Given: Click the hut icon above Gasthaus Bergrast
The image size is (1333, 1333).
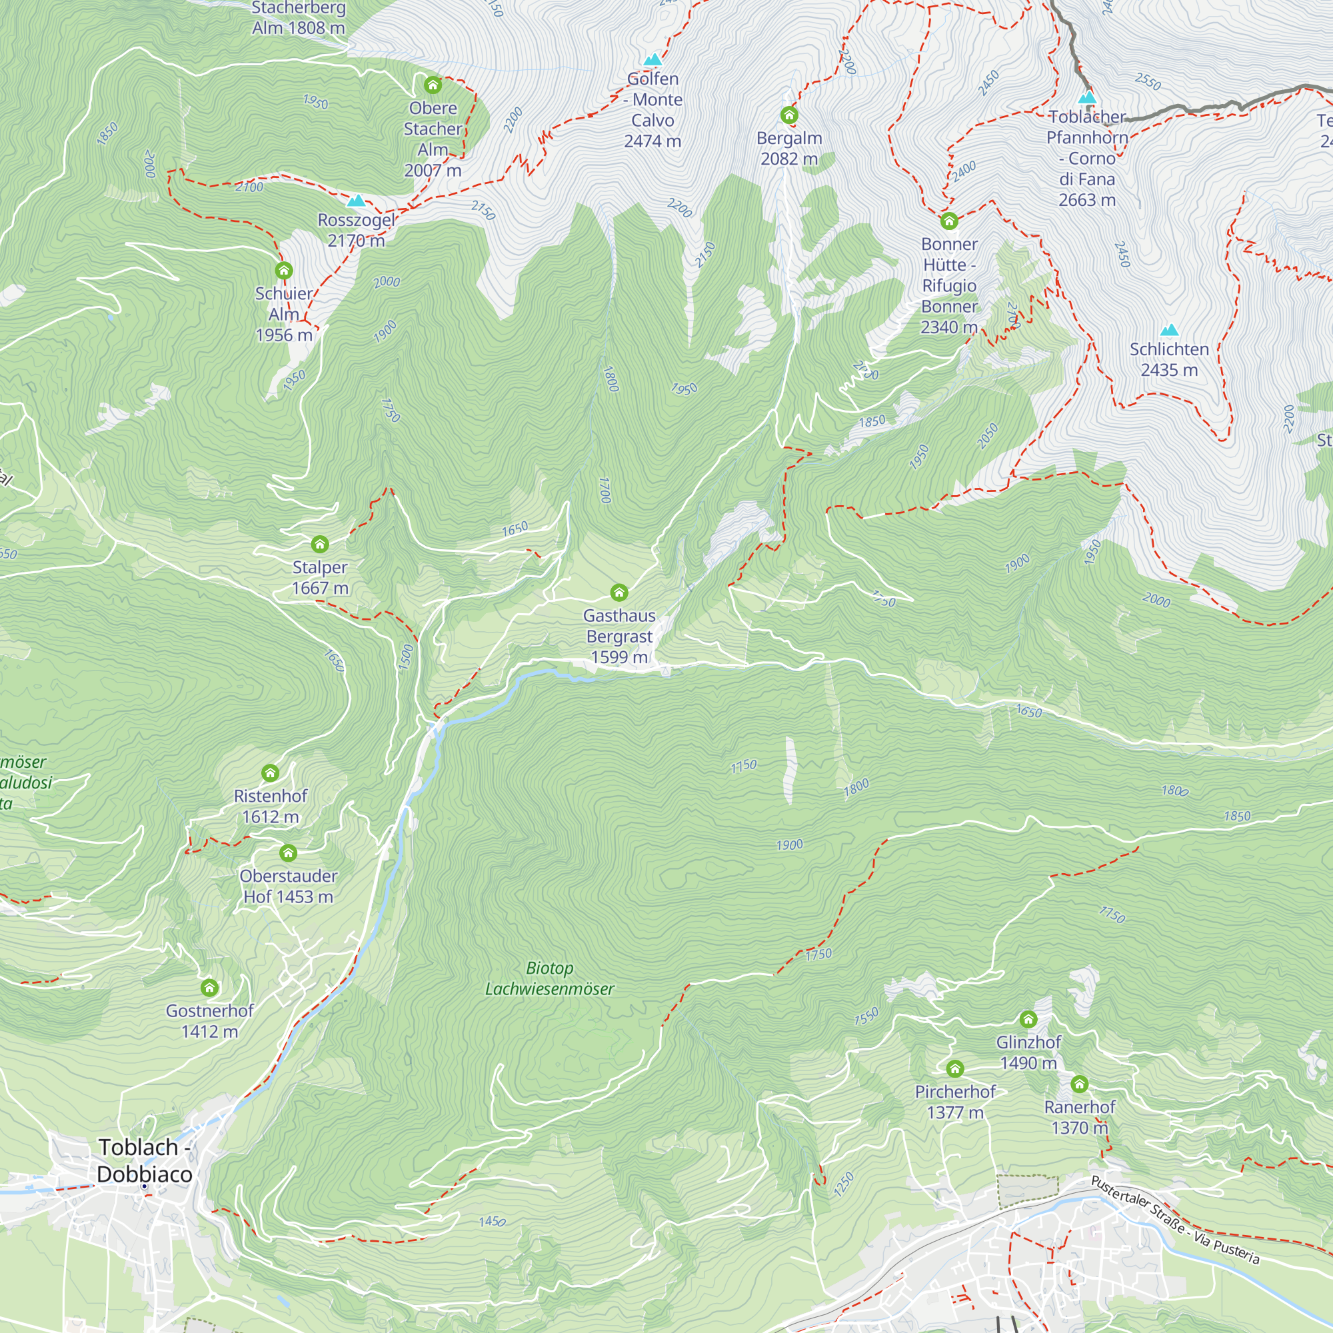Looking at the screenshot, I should pyautogui.click(x=619, y=592).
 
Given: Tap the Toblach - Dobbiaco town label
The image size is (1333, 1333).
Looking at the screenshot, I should pyautogui.click(x=144, y=1160).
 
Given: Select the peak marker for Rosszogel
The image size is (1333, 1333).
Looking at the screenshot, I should pyautogui.click(x=356, y=201).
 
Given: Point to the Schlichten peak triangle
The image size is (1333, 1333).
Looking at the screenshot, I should pyautogui.click(x=1169, y=330).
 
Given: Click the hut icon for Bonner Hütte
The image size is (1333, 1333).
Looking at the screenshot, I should pyautogui.click(x=948, y=221).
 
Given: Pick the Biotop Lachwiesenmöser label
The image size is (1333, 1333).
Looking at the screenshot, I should pyautogui.click(x=549, y=978).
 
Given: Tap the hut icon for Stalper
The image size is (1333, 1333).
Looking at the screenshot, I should pyautogui.click(x=319, y=545).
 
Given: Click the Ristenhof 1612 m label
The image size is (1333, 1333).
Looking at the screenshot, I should pyautogui.click(x=271, y=806).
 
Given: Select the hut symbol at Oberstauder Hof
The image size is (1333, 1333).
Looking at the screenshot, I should pyautogui.click(x=288, y=853).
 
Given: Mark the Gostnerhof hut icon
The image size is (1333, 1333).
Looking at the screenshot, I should pyautogui.click(x=209, y=988).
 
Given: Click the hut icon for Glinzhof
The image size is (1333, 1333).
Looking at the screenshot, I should pyautogui.click(x=1028, y=1019).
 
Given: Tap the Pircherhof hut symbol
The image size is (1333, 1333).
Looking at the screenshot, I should pyautogui.click(x=954, y=1069).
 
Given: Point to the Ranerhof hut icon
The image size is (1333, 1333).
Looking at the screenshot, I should pyautogui.click(x=1079, y=1084).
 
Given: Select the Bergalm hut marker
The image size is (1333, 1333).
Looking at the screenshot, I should pyautogui.click(x=788, y=115).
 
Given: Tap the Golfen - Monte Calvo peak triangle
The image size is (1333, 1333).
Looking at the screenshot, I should pyautogui.click(x=652, y=60).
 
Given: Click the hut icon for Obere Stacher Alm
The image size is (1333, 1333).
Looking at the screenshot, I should pyautogui.click(x=433, y=85).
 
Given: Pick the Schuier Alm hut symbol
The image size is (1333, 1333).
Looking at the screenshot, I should pyautogui.click(x=283, y=270).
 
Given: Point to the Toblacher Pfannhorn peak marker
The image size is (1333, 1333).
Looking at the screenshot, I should pyautogui.click(x=1086, y=97).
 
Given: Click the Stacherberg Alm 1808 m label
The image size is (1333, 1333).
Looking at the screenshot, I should pyautogui.click(x=298, y=18).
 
